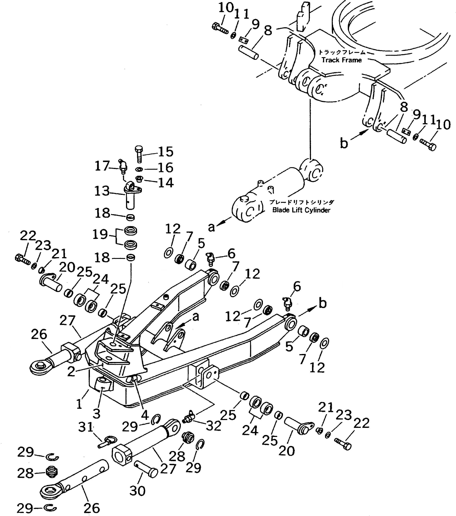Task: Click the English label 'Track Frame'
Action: [341, 60]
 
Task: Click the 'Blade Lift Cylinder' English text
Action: [301, 210]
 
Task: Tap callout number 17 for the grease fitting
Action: [102, 166]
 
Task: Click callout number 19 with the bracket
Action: [100, 234]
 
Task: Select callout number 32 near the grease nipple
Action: [213, 426]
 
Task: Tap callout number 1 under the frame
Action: [79, 404]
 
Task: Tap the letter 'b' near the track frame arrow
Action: [344, 143]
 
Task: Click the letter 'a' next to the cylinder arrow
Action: [211, 227]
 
